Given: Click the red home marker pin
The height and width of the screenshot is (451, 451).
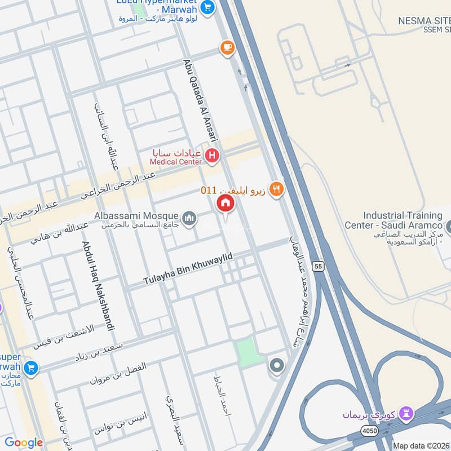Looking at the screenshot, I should pos(225,204).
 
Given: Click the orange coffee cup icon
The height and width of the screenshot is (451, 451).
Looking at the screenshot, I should pos(227,48).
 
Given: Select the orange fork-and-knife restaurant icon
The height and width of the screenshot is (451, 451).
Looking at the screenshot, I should pos(276,189).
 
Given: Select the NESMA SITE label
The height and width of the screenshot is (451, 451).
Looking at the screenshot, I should pos(425,20).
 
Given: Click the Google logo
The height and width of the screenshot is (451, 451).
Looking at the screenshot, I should pos(24,443).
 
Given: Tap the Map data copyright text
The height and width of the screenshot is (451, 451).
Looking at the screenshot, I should pos(421,445).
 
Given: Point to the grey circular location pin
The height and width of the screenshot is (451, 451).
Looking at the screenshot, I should pos(276,366).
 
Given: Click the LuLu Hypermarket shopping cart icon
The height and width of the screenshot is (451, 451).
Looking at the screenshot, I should pos(208,7).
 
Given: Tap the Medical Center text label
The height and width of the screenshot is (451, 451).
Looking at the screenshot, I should pos(175,162).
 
